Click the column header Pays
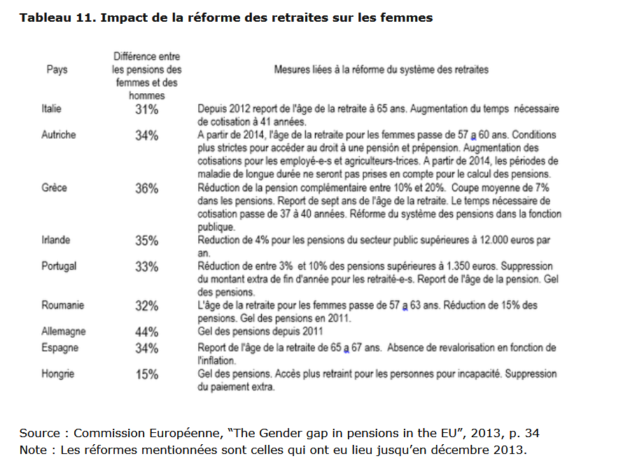[57, 69]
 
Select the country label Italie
[51, 109]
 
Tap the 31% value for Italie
[146, 109]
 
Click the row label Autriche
[58, 135]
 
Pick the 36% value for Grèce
[146, 188]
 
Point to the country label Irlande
[55, 240]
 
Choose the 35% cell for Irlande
[146, 240]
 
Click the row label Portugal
[59, 266]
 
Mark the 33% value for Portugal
[146, 266]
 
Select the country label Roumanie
[63, 305]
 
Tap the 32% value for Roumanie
[146, 305]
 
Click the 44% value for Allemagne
[146, 331]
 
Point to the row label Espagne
[60, 348]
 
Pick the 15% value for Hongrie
[146, 374]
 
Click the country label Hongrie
[57, 374]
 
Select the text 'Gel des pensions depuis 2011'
[260, 331]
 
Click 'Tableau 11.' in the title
[58, 18]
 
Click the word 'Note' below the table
[34, 450]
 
